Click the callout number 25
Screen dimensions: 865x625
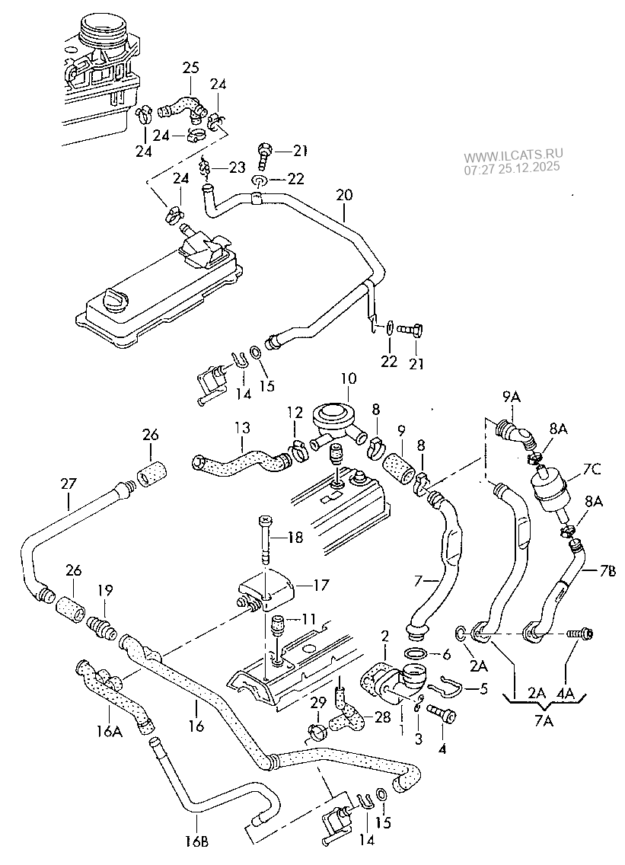coord(190,69)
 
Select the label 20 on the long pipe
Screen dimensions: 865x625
coord(344,195)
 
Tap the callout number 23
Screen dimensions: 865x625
coord(237,168)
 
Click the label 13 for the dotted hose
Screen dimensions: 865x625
coord(241,428)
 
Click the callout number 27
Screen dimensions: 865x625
coord(69,482)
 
